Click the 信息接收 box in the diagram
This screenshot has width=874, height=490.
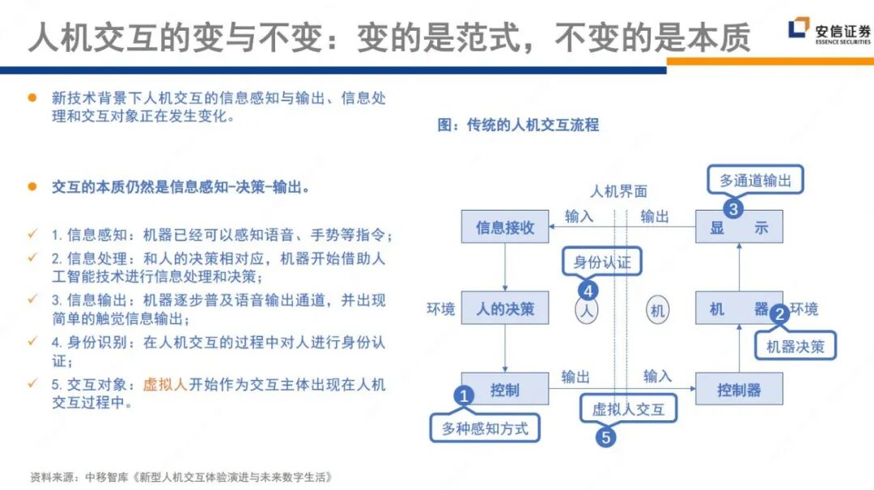pyautogui.click(x=505, y=227)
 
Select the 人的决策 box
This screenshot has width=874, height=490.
pyautogui.click(x=505, y=309)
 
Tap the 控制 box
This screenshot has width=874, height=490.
pyautogui.click(x=505, y=390)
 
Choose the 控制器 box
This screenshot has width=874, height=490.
pyautogui.click(x=739, y=390)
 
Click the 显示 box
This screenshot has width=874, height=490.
pyautogui.click(x=739, y=227)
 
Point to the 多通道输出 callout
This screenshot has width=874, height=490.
pyautogui.click(x=755, y=181)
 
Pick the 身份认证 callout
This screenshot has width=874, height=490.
pyautogui.click(x=601, y=262)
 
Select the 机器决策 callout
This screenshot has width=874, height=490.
pyautogui.click(x=795, y=346)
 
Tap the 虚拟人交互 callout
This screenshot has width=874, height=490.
pyautogui.click(x=628, y=409)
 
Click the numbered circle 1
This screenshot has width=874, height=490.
pyautogui.click(x=464, y=396)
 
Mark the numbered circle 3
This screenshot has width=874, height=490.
pyautogui.click(x=732, y=209)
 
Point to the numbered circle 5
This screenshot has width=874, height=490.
pyautogui.click(x=605, y=437)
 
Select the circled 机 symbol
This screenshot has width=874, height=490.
pyautogui.click(x=657, y=309)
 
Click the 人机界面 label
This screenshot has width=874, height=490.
pyautogui.click(x=618, y=191)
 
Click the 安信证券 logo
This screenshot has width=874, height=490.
pyautogui.click(x=829, y=32)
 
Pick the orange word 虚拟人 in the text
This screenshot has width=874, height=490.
pyautogui.click(x=165, y=385)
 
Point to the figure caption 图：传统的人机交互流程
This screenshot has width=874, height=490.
pyautogui.click(x=517, y=125)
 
